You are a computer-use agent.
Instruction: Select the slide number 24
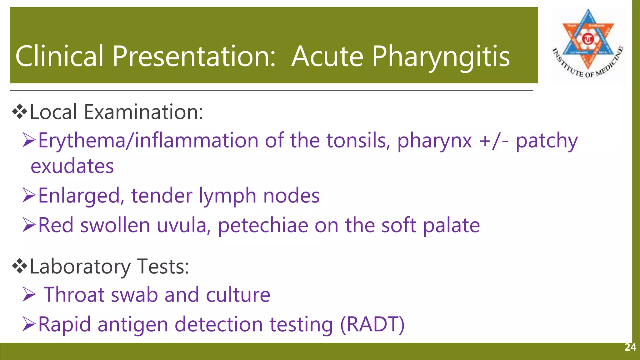(x=630, y=347)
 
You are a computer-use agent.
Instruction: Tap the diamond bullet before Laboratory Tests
(x=19, y=267)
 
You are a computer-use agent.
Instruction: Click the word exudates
(x=72, y=166)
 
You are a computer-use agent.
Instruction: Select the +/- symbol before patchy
(x=494, y=141)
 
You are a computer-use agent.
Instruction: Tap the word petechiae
(x=263, y=226)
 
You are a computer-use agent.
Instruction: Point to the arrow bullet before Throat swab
(x=29, y=295)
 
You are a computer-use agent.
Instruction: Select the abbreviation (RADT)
(x=372, y=324)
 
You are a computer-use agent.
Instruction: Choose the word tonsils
(x=358, y=141)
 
